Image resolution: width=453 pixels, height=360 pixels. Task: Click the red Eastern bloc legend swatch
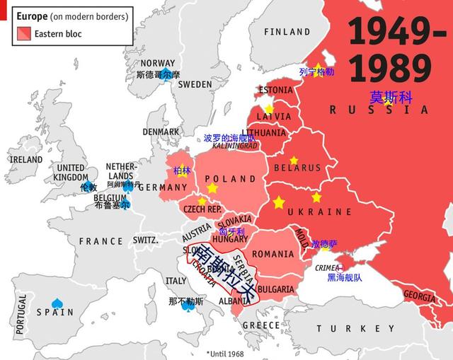tap(23, 33)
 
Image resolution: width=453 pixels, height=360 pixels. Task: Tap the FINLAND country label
tap(287, 32)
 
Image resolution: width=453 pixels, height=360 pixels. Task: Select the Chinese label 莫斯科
tap(390, 97)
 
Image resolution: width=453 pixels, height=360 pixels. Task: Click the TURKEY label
tap(356, 329)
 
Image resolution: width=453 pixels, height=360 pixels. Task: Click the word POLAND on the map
tap(230, 179)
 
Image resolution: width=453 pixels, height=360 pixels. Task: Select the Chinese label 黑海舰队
tap(345, 278)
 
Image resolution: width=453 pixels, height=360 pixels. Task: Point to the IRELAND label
tap(25, 160)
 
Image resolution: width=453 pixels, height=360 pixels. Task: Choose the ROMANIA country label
tap(273, 254)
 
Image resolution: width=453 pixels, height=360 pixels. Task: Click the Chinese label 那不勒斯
tap(186, 301)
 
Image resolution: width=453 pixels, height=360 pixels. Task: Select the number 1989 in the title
tap(391, 69)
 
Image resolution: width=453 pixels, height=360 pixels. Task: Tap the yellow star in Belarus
tap(294, 161)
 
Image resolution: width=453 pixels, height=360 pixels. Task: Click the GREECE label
tap(261, 325)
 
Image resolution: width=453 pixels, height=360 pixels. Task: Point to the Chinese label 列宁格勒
tap(316, 71)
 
